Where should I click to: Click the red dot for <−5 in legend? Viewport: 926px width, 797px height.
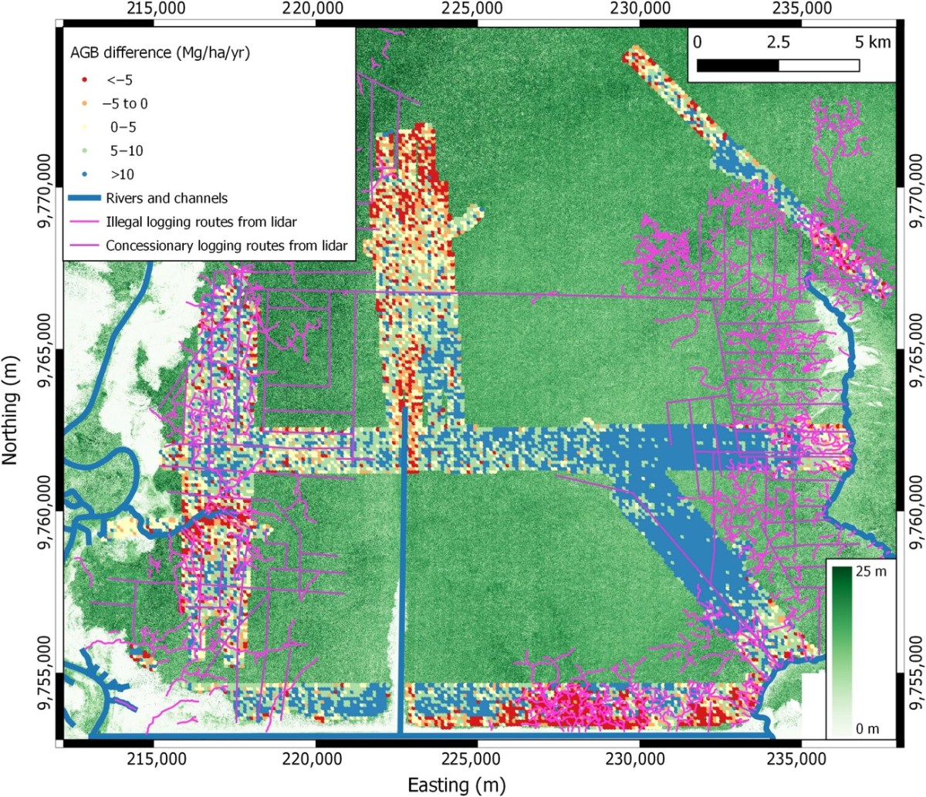(x=84, y=79)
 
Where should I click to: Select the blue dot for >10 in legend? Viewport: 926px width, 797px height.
(x=84, y=174)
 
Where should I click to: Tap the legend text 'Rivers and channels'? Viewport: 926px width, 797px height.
(x=167, y=198)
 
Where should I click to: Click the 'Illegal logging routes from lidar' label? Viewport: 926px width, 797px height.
(x=201, y=222)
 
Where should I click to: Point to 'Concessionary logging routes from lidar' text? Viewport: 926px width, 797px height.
(x=226, y=246)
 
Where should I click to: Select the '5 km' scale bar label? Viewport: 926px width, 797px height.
(x=872, y=42)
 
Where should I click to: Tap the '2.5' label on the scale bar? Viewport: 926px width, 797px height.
(x=778, y=42)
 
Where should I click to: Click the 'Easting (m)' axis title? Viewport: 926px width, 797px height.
(x=456, y=785)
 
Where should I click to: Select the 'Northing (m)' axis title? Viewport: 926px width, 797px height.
(x=10, y=410)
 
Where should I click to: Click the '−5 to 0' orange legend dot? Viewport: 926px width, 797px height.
(x=84, y=103)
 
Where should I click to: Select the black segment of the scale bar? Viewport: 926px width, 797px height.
(x=737, y=65)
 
